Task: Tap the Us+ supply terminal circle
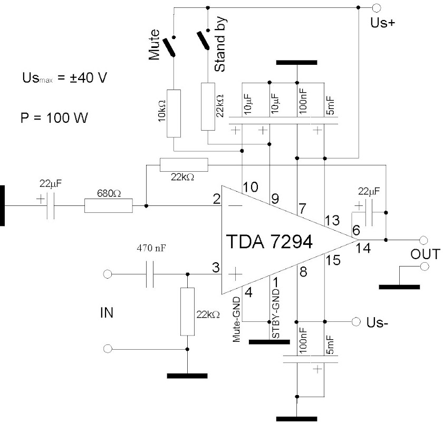376,8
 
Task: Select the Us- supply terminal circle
355,321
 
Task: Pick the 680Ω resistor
108,206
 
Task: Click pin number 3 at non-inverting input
216,268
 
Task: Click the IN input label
105,313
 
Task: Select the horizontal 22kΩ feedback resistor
184,165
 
